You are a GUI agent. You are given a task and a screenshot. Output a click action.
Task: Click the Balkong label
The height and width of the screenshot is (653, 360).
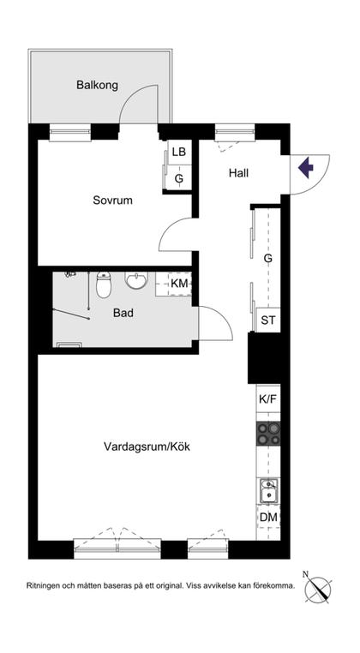pyautogui.click(x=97, y=85)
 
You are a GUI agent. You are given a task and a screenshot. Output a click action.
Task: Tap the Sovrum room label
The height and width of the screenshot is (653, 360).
pyautogui.click(x=112, y=201)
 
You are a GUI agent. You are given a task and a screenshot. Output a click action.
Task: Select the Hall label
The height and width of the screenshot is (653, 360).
pyautogui.click(x=238, y=172)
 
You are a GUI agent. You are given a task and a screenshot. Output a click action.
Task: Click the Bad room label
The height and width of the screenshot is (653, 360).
pyautogui.click(x=123, y=313)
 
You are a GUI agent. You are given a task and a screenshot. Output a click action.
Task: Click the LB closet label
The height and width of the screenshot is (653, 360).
pyautogui.click(x=178, y=152)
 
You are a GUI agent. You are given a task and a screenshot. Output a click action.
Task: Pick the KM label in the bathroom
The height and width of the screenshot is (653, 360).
pyautogui.click(x=179, y=284)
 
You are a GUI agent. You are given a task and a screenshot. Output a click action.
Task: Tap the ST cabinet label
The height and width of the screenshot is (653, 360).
pyautogui.click(x=268, y=321)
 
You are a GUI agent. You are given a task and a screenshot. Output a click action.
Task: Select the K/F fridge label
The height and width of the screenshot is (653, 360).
pyautogui.click(x=267, y=399)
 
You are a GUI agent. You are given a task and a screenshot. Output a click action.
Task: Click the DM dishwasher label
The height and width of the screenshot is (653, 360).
pyautogui.click(x=267, y=518)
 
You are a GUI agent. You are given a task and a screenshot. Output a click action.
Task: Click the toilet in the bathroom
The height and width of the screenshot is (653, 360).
pyautogui.click(x=104, y=284)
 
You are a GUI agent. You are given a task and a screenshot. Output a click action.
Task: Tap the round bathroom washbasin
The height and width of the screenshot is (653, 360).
pyautogui.click(x=136, y=280)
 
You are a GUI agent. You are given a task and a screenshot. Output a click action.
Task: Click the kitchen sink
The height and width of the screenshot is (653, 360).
pyautogui.click(x=268, y=490)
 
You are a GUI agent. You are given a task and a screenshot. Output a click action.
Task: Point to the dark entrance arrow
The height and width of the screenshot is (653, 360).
pyautogui.click(x=304, y=166)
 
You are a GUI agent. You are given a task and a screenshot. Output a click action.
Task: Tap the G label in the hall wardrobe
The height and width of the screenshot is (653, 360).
pyautogui.click(x=267, y=258)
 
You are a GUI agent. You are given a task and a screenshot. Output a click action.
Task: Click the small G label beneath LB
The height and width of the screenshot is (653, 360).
pyautogui.click(x=178, y=179)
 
